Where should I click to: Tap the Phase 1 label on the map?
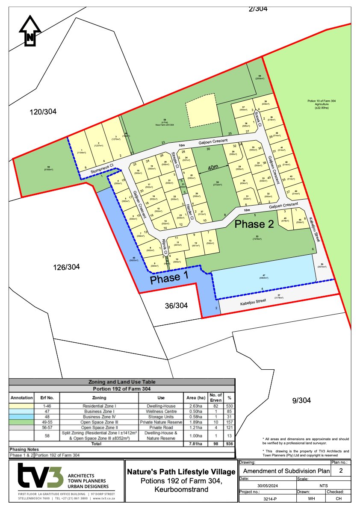[x=169, y=278]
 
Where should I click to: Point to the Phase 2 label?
[x=254, y=224]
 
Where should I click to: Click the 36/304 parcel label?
[x=176, y=306]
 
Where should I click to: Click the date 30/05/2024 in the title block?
[x=266, y=486]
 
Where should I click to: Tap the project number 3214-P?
[x=266, y=498]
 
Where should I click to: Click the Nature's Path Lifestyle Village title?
[x=181, y=472]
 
